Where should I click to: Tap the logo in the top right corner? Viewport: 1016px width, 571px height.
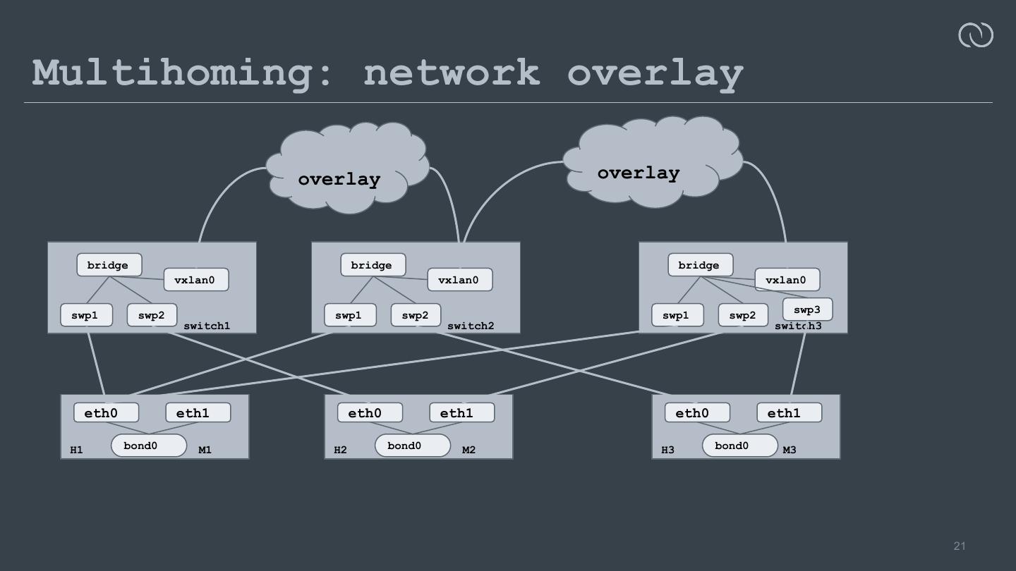[975, 35]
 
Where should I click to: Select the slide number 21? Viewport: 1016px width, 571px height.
[960, 546]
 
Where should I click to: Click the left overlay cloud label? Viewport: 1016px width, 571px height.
[339, 179]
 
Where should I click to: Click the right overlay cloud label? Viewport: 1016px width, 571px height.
[638, 173]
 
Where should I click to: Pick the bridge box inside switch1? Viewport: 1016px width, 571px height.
[109, 265]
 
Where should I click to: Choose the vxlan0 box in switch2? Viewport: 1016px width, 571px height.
[459, 280]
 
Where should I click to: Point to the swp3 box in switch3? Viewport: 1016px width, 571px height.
[807, 309]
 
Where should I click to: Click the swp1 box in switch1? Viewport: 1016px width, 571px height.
[86, 315]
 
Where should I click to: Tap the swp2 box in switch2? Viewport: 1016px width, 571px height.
[416, 315]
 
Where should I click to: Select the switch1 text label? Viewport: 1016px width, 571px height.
[207, 326]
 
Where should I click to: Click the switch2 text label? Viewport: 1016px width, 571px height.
[471, 326]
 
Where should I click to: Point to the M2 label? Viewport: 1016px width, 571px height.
[468, 450]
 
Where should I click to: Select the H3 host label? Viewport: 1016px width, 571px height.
[667, 450]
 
